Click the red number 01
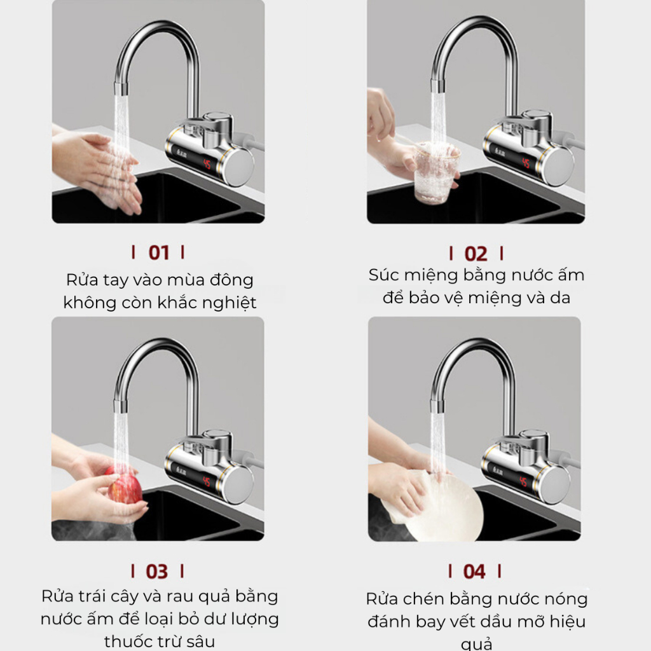click(x=158, y=253)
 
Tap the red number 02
click(x=476, y=254)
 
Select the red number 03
click(x=157, y=572)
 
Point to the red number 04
click(x=474, y=572)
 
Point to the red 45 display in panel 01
click(x=207, y=164)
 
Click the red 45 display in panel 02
click(x=526, y=162)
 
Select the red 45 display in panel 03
click(x=207, y=482)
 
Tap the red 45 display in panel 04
click(x=523, y=481)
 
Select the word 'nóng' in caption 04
click(x=566, y=599)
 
